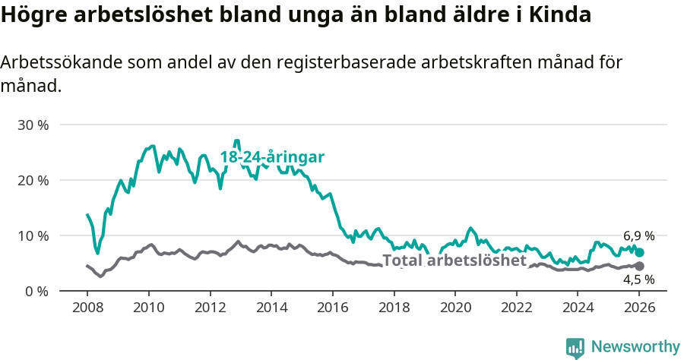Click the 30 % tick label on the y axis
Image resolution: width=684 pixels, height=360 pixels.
(33, 125)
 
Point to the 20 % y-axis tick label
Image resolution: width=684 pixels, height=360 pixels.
(33, 180)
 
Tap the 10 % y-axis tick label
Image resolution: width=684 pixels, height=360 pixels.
(33, 235)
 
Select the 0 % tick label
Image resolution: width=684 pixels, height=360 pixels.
(36, 291)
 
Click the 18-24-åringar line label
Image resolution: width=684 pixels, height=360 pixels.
(272, 157)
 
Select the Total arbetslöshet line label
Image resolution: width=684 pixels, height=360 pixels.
(454, 261)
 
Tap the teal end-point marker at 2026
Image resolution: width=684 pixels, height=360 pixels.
(640, 252)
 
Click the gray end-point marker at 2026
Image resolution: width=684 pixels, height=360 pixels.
(640, 266)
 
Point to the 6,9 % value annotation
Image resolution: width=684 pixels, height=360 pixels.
(638, 236)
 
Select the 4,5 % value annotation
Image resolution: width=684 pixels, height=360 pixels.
(638, 279)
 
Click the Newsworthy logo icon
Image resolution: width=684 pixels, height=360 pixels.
(575, 347)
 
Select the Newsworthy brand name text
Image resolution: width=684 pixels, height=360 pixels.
(635, 347)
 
